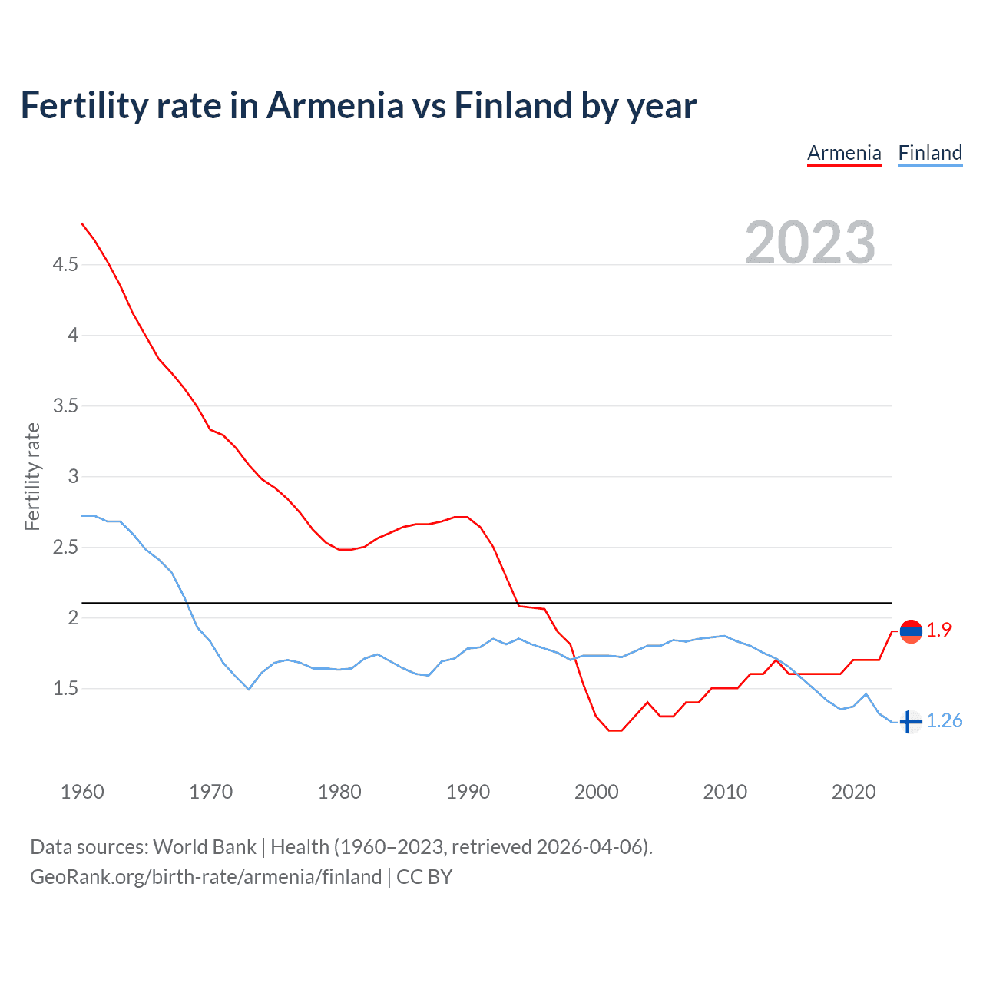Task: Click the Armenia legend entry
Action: (x=844, y=153)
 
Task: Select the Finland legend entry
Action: (x=930, y=153)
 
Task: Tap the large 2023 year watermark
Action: (x=810, y=243)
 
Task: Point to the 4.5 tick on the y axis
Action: (x=65, y=265)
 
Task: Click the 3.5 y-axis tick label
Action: (x=65, y=406)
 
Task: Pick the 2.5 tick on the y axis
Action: (x=65, y=548)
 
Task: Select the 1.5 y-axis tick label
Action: (x=65, y=689)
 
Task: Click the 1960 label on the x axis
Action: (x=82, y=792)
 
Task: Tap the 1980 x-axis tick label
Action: (x=339, y=792)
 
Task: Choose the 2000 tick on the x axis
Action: (x=596, y=792)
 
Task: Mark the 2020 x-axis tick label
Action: (x=853, y=792)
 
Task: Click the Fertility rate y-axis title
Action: (x=32, y=476)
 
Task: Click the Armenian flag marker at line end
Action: (x=911, y=632)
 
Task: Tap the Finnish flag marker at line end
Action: (x=911, y=722)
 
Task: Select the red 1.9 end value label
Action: (x=938, y=631)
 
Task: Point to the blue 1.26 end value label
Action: (x=944, y=721)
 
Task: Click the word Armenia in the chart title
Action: (x=335, y=106)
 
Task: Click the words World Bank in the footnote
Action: (x=204, y=847)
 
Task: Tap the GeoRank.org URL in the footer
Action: (x=206, y=877)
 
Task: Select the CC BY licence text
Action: (x=425, y=877)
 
